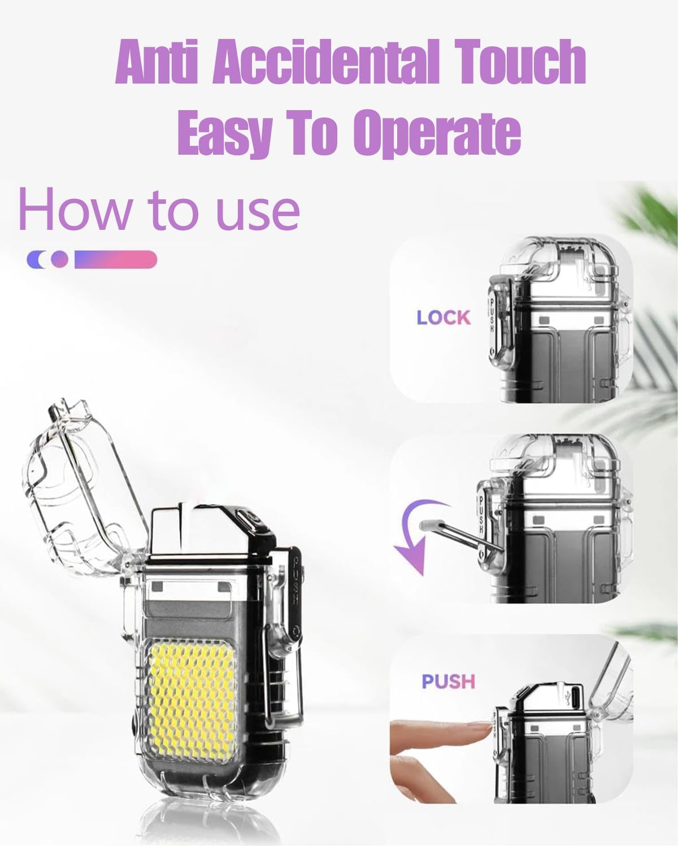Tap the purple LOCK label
pos(444,318)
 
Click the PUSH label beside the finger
pos(448,682)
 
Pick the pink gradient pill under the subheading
pos(116,259)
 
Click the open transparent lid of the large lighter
pos(79,486)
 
